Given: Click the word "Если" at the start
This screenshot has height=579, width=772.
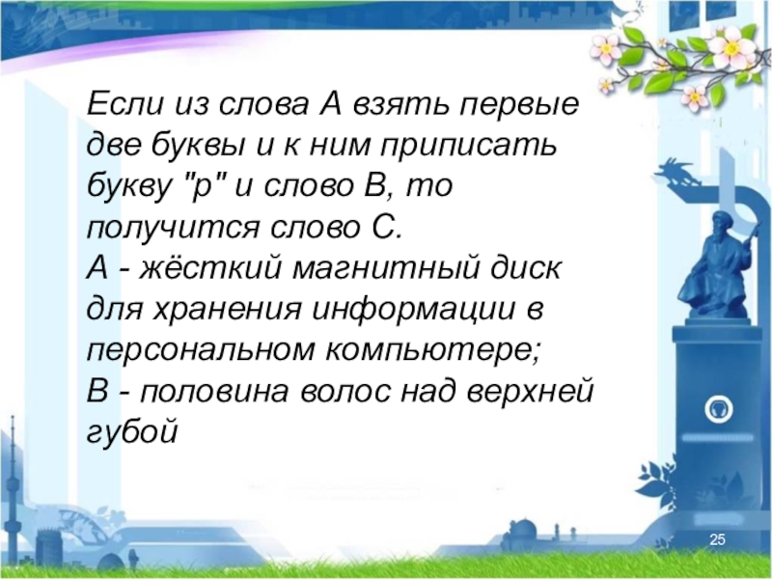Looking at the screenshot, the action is click(124, 103).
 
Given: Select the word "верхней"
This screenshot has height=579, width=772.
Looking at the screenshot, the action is click(530, 392).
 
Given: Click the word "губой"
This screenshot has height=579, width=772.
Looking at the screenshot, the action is click(132, 431).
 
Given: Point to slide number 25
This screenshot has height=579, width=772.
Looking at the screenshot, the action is click(717, 540).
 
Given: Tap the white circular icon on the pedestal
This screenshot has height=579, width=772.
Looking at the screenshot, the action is click(719, 408).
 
